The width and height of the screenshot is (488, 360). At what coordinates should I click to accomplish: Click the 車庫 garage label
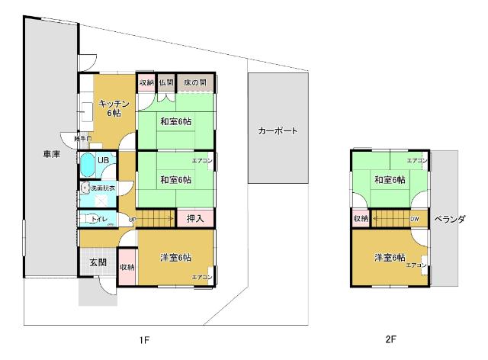52,154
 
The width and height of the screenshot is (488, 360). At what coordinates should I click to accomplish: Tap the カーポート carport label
278,130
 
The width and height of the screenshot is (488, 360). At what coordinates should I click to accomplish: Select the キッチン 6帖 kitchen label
114,108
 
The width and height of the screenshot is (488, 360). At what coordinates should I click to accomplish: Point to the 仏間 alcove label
166,82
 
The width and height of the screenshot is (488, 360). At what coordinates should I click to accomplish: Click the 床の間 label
196,82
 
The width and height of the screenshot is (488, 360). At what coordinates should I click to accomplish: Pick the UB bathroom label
103,160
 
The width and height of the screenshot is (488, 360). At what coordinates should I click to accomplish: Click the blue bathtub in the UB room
87,165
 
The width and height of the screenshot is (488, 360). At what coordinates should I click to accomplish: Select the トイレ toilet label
99,220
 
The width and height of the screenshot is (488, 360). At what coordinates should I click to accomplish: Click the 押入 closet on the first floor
195,219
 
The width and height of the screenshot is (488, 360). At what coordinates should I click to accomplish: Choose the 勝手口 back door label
82,139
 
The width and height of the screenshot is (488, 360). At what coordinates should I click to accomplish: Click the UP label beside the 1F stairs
132,220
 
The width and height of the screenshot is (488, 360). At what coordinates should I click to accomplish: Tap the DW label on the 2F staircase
415,219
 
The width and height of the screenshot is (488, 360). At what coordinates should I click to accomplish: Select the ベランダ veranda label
450,219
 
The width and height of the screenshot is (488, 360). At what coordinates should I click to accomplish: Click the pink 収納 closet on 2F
361,219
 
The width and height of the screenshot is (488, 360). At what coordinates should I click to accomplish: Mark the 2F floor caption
391,338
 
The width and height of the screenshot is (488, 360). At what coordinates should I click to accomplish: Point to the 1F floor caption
143,338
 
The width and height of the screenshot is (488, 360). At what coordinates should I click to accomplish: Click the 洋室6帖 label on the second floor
390,256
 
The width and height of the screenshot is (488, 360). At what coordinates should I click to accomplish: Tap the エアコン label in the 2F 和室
416,161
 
